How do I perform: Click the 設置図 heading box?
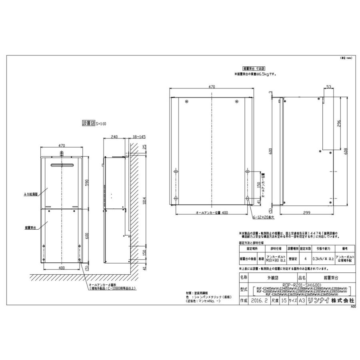click(x=87, y=124)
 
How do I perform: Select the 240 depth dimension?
click(x=114, y=137)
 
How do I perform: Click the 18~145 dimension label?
click(x=138, y=137)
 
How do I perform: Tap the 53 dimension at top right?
click(x=328, y=86)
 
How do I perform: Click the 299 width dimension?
click(x=307, y=212)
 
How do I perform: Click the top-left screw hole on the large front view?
click(x=186, y=101)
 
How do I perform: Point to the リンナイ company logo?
click(x=319, y=300)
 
